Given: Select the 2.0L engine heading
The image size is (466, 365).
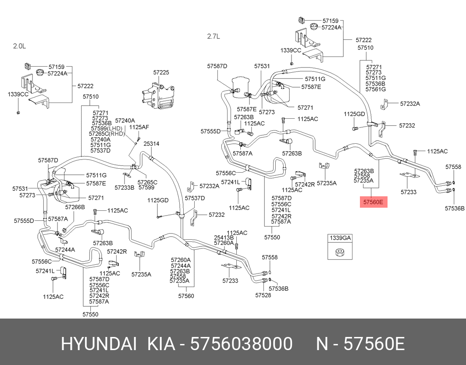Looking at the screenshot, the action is tap(19, 46).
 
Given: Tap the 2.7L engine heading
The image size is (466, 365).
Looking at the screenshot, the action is tap(213, 36).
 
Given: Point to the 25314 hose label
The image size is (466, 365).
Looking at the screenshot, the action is tap(151, 144).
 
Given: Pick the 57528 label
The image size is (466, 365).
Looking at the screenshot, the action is tap(263, 295).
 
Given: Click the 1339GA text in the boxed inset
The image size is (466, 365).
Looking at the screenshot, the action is tap(341, 237).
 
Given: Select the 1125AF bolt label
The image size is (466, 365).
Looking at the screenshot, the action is tap(139, 127).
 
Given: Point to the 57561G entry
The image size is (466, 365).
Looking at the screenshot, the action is tap(376, 89).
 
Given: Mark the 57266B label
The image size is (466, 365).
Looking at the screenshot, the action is tap(75, 207).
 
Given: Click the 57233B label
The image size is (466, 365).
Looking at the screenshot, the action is tap(125, 188).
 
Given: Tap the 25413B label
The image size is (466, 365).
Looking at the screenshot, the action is tap(224, 237).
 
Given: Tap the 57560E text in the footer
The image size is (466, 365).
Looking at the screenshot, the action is tap(373, 344).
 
